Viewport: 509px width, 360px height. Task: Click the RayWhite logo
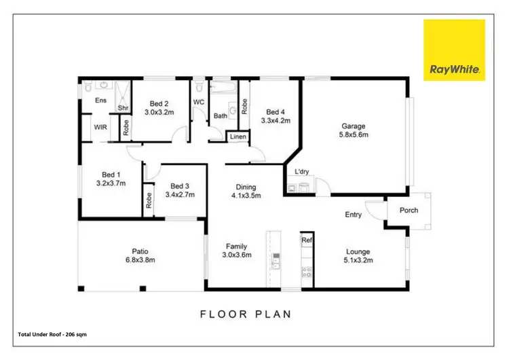click(454, 50)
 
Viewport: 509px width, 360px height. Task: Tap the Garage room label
click(353, 126)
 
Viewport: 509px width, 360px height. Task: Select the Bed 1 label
click(111, 174)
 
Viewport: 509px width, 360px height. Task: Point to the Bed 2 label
click(159, 104)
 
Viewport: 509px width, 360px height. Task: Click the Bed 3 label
click(179, 186)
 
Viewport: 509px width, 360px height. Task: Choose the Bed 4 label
click(275, 112)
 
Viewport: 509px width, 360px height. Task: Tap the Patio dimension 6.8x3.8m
click(140, 259)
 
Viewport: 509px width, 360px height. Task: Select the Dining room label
click(246, 187)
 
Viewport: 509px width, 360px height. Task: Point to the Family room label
click(237, 247)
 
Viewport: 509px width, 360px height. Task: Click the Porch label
click(409, 210)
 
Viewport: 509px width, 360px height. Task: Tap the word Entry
click(353, 215)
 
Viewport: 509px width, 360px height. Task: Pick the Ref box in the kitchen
click(307, 240)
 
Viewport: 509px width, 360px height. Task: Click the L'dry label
click(302, 172)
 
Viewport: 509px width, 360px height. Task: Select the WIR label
click(100, 127)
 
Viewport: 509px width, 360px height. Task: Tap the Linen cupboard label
click(238, 137)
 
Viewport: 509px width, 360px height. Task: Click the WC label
click(199, 103)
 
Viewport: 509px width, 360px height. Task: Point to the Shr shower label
click(124, 108)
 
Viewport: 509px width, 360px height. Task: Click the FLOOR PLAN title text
click(245, 314)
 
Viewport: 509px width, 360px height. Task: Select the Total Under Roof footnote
click(52, 334)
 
